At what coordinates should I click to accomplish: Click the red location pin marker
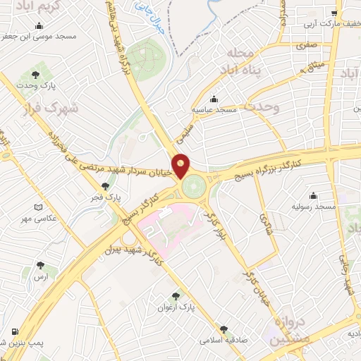[x=181, y=165]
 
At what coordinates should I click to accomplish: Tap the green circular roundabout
[x=193, y=186]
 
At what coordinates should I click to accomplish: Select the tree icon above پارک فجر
[x=105, y=187]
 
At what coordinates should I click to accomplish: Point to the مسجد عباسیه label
[x=216, y=111]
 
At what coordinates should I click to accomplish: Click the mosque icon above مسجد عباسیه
[x=214, y=99]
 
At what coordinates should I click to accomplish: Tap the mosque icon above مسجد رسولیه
[x=313, y=195]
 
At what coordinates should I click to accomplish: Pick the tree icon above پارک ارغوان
[x=176, y=297]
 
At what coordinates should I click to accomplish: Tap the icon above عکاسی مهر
[x=38, y=207]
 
